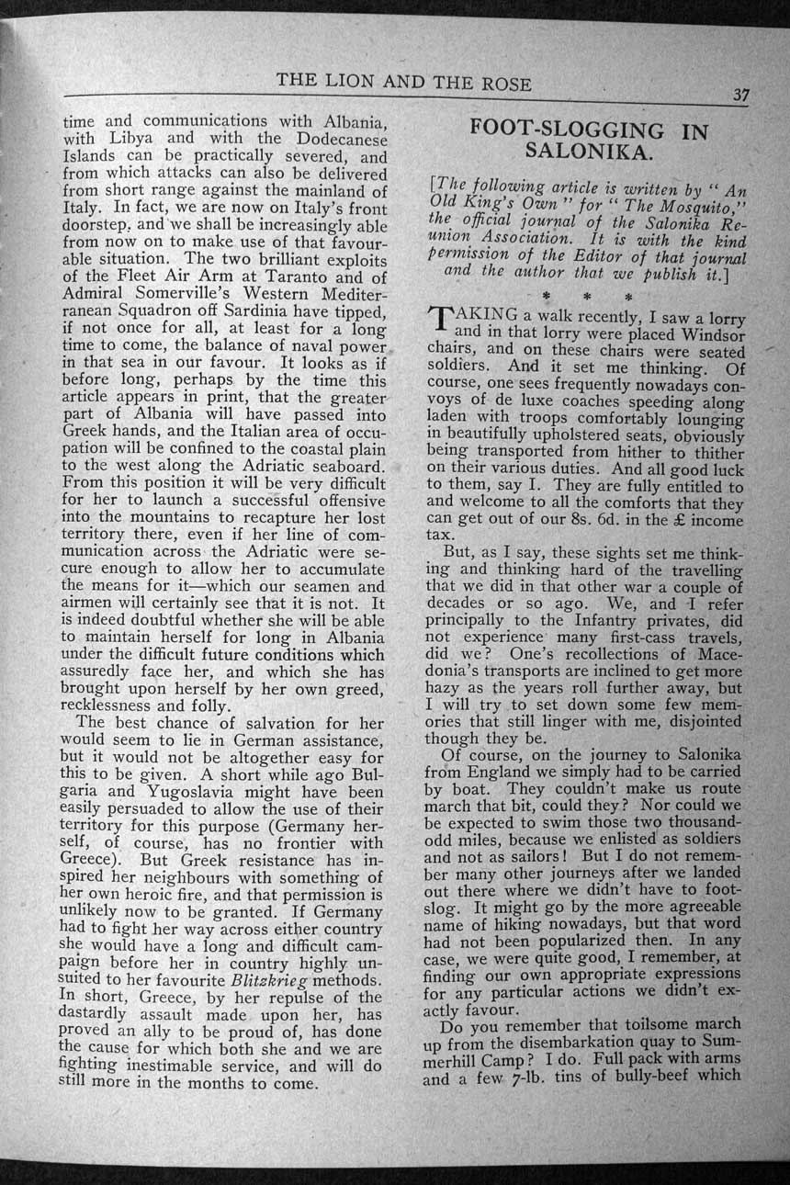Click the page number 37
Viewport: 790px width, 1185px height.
(x=742, y=96)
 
